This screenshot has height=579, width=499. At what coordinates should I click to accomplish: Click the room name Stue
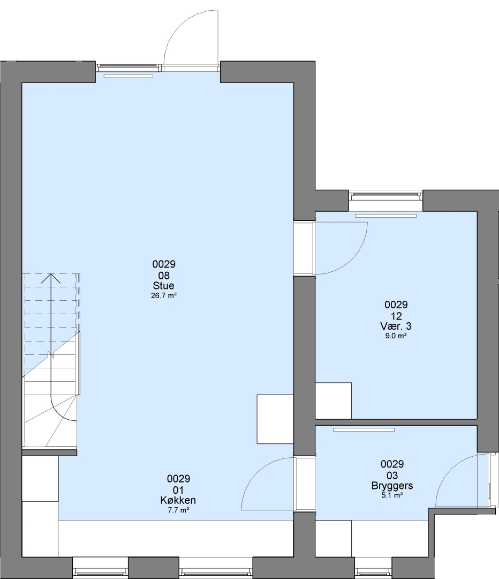pyautogui.click(x=163, y=285)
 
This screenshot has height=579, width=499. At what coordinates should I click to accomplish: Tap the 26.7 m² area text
pyautogui.click(x=164, y=295)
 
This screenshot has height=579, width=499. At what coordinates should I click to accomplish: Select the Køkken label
pyautogui.click(x=178, y=500)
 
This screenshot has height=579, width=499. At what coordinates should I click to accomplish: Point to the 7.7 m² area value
pyautogui.click(x=178, y=510)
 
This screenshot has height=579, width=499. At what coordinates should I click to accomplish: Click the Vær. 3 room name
pyautogui.click(x=396, y=326)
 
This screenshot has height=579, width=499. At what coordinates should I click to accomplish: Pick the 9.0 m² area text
pyautogui.click(x=396, y=336)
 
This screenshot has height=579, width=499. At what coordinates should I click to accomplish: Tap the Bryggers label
pyautogui.click(x=392, y=486)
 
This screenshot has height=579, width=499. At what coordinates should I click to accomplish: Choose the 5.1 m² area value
pyautogui.click(x=392, y=495)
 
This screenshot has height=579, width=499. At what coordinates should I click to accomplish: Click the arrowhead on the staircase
pyautogui.click(x=50, y=278)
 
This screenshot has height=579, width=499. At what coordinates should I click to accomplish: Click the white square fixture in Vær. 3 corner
pyautogui.click(x=334, y=400)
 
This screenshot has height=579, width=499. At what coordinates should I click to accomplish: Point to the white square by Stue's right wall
pyautogui.click(x=275, y=419)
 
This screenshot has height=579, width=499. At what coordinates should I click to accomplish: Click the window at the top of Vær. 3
pyautogui.click(x=386, y=195)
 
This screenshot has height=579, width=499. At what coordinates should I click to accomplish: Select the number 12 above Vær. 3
pyautogui.click(x=396, y=316)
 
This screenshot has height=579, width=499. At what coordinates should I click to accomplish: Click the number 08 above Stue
pyautogui.click(x=164, y=276)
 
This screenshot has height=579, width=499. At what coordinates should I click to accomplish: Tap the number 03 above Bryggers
pyautogui.click(x=392, y=475)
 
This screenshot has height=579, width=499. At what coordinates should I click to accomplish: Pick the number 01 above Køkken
pyautogui.click(x=178, y=490)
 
